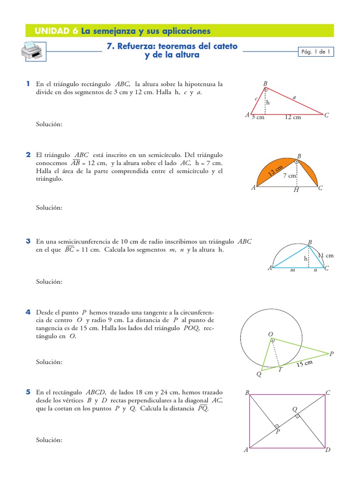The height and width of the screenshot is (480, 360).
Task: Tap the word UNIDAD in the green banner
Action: [52, 31]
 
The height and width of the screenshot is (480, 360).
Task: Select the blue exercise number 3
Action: [29, 241]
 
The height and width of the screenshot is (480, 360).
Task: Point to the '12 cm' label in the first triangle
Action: [292, 118]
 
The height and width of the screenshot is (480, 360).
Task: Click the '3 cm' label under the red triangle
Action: [257, 118]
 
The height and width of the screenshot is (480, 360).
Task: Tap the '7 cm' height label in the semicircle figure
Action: [290, 176]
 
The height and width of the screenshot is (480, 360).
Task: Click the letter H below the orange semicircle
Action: [296, 190]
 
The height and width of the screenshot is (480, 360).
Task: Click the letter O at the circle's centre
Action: [270, 334]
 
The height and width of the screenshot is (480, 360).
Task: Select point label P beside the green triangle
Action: [332, 354]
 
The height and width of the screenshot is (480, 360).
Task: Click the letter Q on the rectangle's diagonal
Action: [295, 410]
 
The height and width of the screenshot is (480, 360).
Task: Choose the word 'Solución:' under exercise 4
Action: [49, 362]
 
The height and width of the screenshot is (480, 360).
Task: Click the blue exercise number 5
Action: [29, 392]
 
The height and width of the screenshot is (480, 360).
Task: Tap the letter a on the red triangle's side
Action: [294, 97]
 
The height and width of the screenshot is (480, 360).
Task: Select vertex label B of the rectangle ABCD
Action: [247, 393]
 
